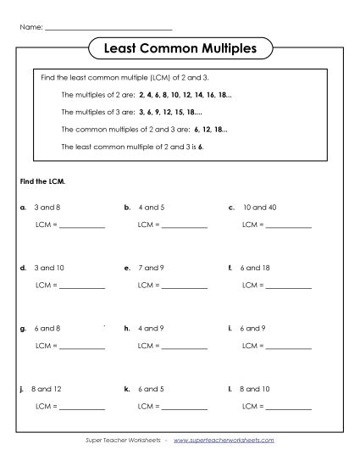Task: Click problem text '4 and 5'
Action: click(x=152, y=207)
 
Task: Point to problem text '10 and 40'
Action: click(x=258, y=207)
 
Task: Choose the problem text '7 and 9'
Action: click(x=152, y=268)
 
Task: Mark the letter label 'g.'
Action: click(x=22, y=328)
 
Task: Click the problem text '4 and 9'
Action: click(x=152, y=328)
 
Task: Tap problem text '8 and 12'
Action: click(x=47, y=389)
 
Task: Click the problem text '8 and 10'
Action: click(x=256, y=389)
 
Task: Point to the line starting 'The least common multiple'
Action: click(x=133, y=147)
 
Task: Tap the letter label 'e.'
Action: click(x=127, y=268)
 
